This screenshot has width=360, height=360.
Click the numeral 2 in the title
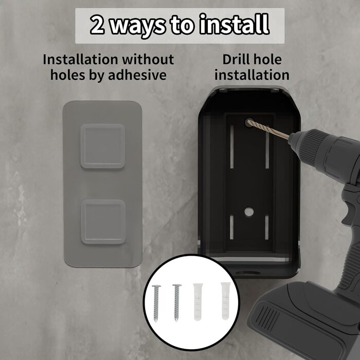pos(97,24)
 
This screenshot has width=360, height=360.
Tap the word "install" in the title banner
pos(233,24)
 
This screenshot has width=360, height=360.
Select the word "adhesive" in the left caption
pos(137,75)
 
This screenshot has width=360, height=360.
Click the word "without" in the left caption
pos(148,60)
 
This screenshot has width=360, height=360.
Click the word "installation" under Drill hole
pos(252,75)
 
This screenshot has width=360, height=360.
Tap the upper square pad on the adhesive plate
pos(103,146)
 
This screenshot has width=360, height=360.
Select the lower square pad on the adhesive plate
pos(103,222)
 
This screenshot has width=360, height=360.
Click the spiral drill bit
pos(268,129)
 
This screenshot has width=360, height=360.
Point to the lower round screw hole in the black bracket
pos(249,212)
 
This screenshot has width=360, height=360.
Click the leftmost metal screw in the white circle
pos(156,303)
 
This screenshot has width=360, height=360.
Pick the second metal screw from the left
pos(176,302)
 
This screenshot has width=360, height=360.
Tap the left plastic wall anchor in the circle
pos(198,302)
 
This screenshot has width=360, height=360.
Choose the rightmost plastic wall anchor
pos(226,301)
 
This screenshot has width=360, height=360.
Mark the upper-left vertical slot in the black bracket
pos(232,147)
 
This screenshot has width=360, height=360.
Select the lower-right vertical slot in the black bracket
pos(266,227)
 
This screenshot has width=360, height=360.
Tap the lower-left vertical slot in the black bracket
pos(231,227)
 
